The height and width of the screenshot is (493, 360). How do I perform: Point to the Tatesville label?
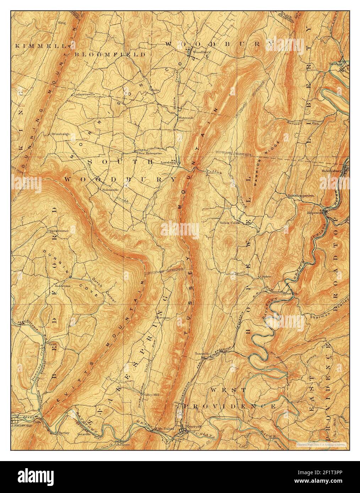click(x=203, y=354)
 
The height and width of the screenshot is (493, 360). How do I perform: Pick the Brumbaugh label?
click(x=60, y=134)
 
